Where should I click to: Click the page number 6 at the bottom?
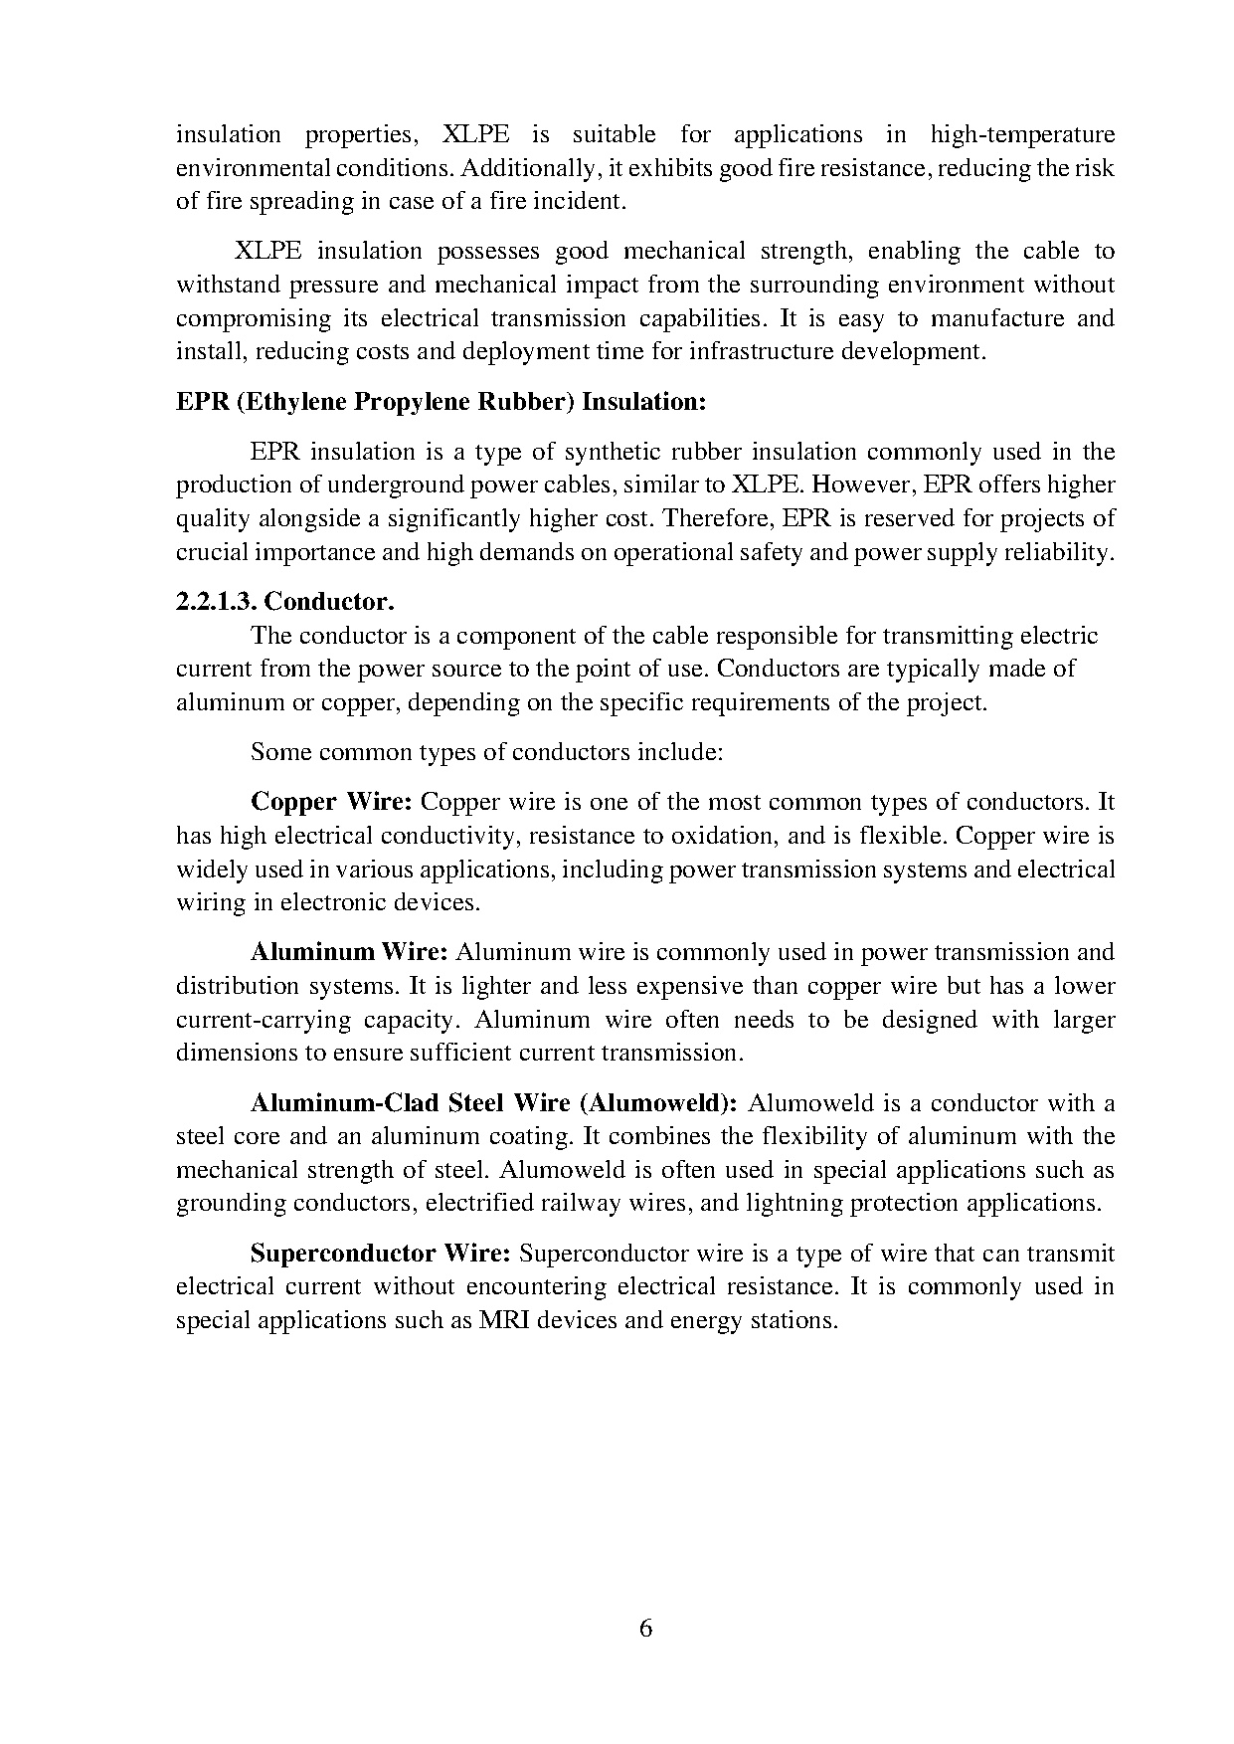(x=645, y=1629)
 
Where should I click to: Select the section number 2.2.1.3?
(x=216, y=602)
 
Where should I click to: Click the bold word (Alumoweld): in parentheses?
(x=658, y=1102)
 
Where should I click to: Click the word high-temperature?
(x=1022, y=134)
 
